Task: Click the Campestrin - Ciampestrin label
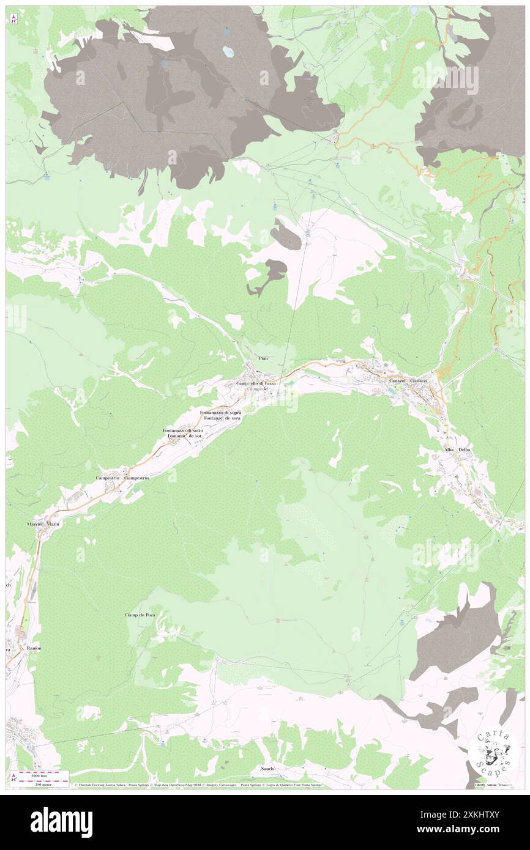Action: pyautogui.click(x=122, y=477)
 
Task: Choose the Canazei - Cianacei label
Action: pyautogui.click(x=412, y=380)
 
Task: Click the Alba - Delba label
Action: pyautogui.click(x=458, y=449)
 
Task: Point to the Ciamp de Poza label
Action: pyautogui.click(x=139, y=615)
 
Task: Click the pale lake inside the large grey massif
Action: pyautogui.click(x=228, y=53)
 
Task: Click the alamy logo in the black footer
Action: pyautogui.click(x=61, y=822)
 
